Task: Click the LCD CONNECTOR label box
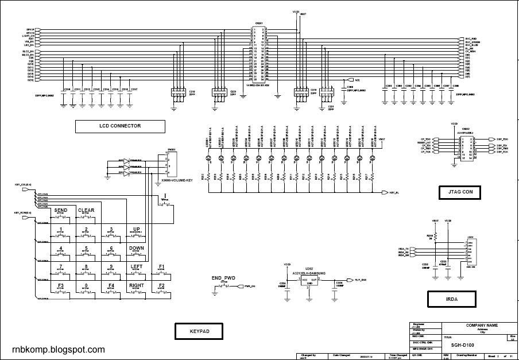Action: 120,126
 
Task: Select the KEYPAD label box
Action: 199,331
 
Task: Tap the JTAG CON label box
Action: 459,192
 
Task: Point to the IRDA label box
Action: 451,299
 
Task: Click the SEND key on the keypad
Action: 61,211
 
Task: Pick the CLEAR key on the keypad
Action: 86,211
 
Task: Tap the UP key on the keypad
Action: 136,229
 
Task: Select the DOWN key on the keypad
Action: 136,248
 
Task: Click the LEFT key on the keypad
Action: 136,266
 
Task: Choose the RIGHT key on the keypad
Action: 137,285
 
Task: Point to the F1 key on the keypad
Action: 162,266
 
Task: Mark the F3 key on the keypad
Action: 61,285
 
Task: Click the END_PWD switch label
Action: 223,278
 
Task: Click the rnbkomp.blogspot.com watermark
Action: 59,349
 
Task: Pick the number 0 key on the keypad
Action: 86,285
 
